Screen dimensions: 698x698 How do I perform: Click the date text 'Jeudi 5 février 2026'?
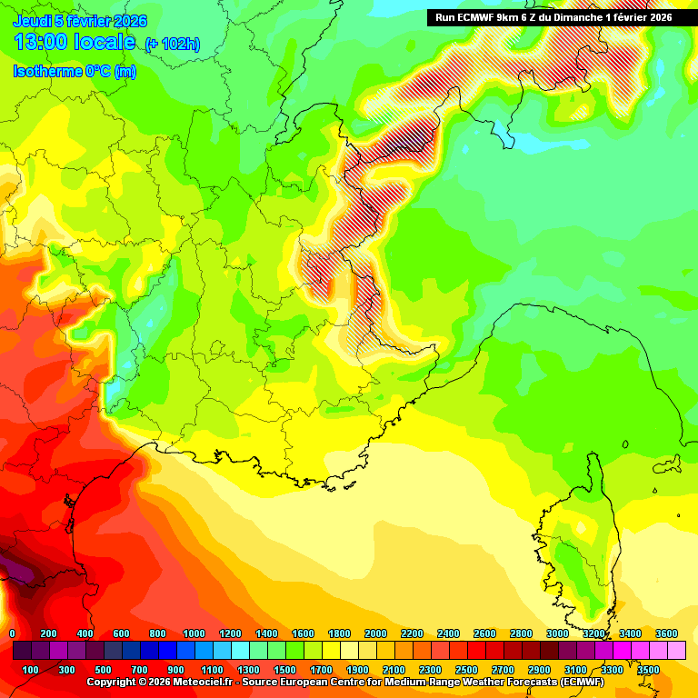(x=80, y=21)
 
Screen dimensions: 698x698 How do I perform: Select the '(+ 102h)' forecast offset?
(x=173, y=45)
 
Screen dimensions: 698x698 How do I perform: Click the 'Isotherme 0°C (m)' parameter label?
(x=75, y=72)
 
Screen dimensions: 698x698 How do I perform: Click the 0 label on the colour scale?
(x=12, y=633)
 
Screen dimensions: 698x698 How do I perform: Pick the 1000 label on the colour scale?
(x=194, y=633)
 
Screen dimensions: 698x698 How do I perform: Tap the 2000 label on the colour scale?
(x=375, y=633)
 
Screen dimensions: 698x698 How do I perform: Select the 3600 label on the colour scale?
(x=666, y=633)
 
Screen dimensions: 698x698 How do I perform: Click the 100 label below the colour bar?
(x=30, y=670)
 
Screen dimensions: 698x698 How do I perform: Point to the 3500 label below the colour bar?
(x=648, y=670)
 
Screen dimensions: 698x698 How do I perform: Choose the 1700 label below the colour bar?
(x=321, y=670)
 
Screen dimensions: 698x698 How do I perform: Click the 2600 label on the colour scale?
(x=484, y=633)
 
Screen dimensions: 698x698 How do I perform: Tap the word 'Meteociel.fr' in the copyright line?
(x=195, y=682)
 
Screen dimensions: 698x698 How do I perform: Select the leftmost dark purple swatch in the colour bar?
(x=22, y=651)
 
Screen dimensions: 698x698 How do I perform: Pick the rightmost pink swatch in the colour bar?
(x=676, y=651)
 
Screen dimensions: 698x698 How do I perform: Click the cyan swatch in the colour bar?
(x=240, y=651)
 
